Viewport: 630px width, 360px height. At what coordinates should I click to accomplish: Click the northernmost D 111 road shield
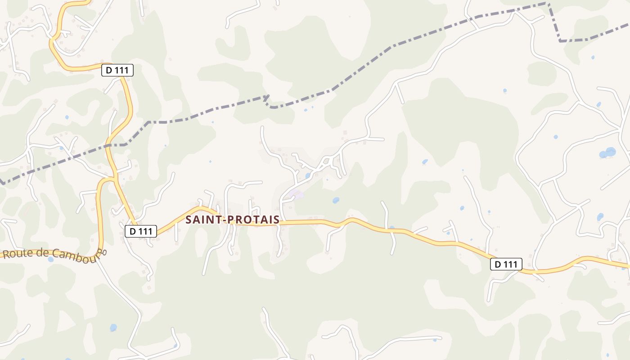pos(117,70)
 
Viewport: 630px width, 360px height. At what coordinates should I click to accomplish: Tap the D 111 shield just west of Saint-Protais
pos(140,231)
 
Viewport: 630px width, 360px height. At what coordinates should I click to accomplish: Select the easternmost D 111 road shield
pos(506,265)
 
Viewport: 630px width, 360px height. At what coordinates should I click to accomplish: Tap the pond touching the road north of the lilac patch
pos(308,175)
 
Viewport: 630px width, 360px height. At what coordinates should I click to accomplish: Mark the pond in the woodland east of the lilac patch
pos(336,200)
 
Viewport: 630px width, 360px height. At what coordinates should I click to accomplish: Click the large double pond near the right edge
pos(607,153)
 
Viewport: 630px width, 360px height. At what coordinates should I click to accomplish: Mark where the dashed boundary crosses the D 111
pos(108,145)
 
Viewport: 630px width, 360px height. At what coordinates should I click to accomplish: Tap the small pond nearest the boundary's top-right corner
pos(593,58)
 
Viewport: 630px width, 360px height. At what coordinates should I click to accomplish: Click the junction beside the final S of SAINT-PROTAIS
pos(281,222)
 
